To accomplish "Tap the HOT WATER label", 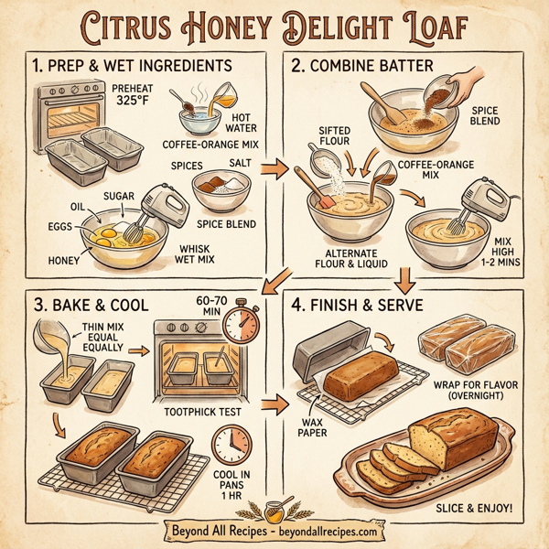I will point(241,123).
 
